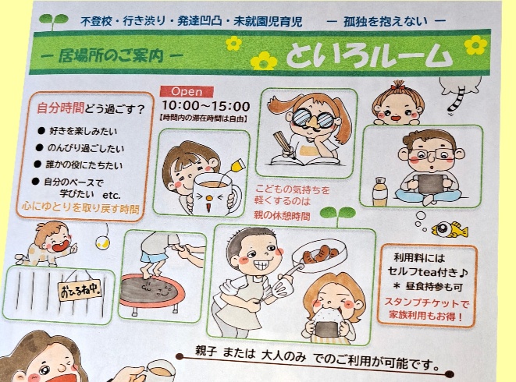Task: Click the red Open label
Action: coord(187,91)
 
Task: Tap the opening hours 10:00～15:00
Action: coord(205,106)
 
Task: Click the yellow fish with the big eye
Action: coord(450,229)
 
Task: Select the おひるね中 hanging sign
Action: coord(80,290)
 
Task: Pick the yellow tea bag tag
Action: coord(237,165)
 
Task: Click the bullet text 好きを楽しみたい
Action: coord(84,132)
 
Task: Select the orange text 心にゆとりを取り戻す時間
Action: coord(80,208)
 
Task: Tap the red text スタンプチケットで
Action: coord(426,302)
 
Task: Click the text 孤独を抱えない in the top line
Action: coord(385,22)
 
